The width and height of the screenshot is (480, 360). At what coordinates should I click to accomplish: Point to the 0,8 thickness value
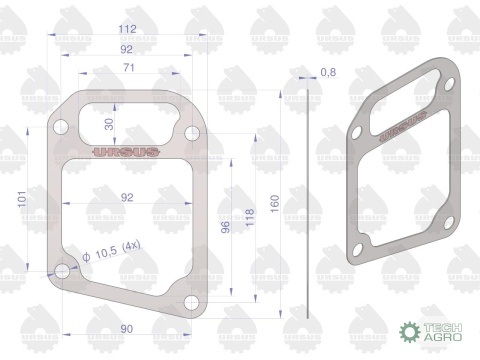pos(328,72)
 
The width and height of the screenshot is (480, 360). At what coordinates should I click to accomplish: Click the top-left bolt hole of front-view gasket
pos(62,128)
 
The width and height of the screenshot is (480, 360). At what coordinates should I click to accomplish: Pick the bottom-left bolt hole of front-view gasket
pos(62,271)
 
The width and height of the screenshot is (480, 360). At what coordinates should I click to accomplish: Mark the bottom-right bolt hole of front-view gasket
pos(192,303)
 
